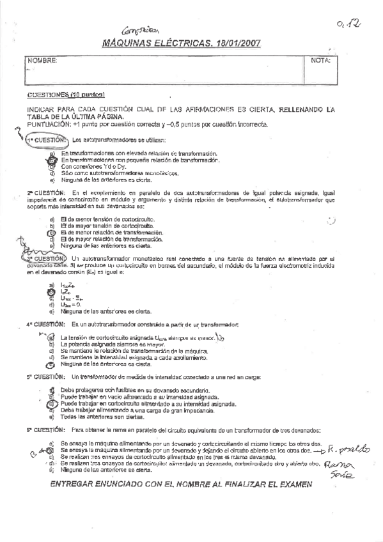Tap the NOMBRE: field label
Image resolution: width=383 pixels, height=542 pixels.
point(38,61)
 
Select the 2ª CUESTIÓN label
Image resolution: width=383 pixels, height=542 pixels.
point(46,192)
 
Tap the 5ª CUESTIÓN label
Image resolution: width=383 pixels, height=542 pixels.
point(46,376)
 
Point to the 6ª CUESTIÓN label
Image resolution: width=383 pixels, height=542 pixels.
point(46,430)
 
